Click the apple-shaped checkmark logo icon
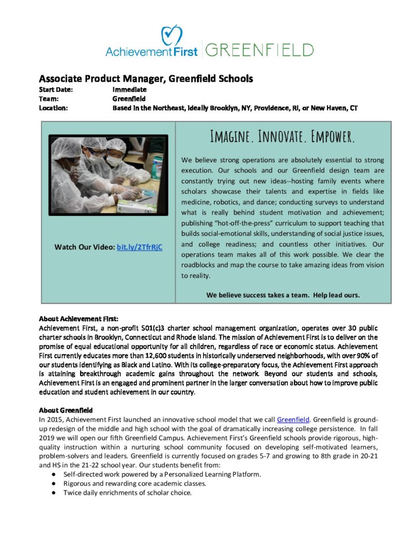[x=172, y=35]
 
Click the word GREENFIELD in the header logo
[x=259, y=51]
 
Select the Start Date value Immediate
[x=129, y=89]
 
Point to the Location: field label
[x=54, y=108]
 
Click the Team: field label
[x=48, y=98]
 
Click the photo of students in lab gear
[x=108, y=175]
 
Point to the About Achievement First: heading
[x=79, y=319]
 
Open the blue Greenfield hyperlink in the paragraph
[x=293, y=420]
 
